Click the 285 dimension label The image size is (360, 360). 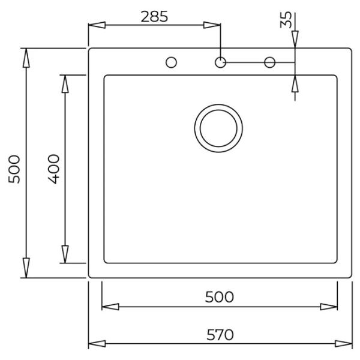pos(154,17)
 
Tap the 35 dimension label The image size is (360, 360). pos(286,20)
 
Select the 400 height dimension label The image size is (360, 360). pos(54,169)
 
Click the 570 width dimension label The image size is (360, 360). pos(220,335)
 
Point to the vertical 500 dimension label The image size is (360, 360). pos(14,169)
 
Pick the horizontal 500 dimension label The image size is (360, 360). pos(219,297)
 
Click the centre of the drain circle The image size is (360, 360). pos(218,128)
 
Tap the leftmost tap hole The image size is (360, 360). pos(171,62)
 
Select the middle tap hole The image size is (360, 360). pos(220,62)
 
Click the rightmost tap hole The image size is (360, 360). pos(269,62)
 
